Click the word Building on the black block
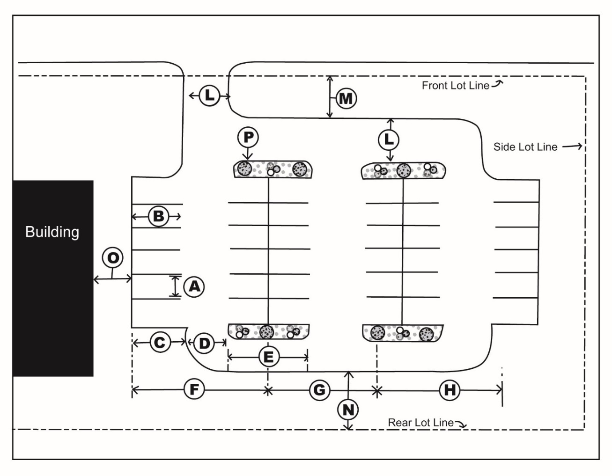click(x=52, y=232)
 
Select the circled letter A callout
click(x=194, y=286)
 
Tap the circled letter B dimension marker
click(x=158, y=217)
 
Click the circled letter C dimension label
click(x=160, y=343)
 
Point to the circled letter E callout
click(x=268, y=358)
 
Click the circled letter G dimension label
click(x=319, y=389)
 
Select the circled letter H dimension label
click(x=450, y=389)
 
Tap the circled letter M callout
click(x=346, y=99)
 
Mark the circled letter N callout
click(x=348, y=410)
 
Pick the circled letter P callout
click(x=248, y=137)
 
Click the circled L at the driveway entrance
click(x=209, y=96)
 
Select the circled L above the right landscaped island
click(x=389, y=139)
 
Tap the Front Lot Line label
click(x=455, y=86)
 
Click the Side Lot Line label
click(x=525, y=147)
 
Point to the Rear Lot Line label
click(x=420, y=423)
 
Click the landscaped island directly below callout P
click(x=273, y=169)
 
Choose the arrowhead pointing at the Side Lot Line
click(x=579, y=146)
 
